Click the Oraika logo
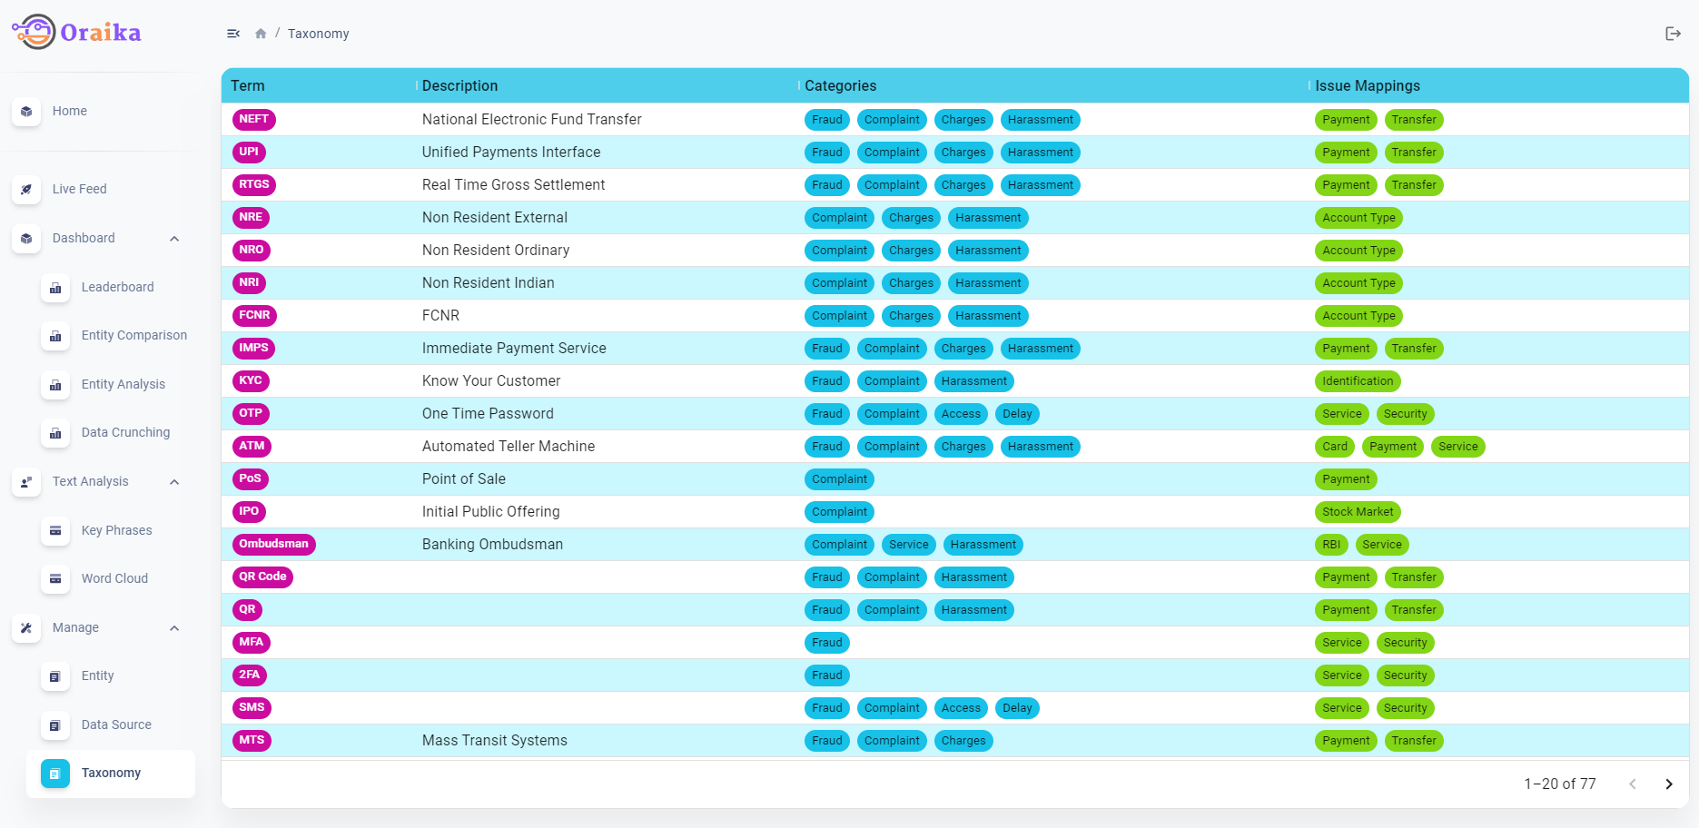tap(76, 33)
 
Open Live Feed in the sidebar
tap(79, 189)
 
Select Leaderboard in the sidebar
tap(117, 287)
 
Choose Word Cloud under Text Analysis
tap(114, 578)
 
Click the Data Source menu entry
tap(116, 724)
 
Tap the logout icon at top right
tap(1673, 34)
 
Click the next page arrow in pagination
tap(1668, 784)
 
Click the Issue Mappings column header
tap(1367, 86)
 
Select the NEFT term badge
tap(253, 119)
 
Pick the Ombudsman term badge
tap(273, 544)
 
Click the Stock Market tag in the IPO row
tap(1357, 512)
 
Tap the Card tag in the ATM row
tap(1334, 447)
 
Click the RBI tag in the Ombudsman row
tap(1330, 545)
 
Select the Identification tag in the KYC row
tap(1357, 381)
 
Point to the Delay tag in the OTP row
tap(1017, 414)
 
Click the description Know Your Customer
tap(490, 381)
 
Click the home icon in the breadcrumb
tap(261, 34)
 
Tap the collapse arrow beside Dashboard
tap(174, 239)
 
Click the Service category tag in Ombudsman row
tap(908, 545)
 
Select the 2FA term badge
tap(249, 675)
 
